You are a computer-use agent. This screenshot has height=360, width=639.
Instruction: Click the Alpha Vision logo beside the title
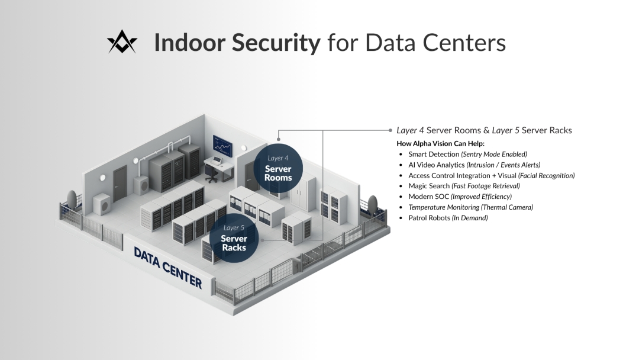[122, 43]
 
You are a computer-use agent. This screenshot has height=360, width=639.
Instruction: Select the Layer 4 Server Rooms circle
[277, 169]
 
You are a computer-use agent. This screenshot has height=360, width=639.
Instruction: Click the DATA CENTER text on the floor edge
[167, 268]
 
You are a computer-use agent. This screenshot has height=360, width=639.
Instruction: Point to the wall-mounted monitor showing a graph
[223, 144]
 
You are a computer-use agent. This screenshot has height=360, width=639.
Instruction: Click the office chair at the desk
[211, 172]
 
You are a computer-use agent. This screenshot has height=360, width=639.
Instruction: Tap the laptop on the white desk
[217, 161]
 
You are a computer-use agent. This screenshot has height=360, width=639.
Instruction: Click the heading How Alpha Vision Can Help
[440, 143]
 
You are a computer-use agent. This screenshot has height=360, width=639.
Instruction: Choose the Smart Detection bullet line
[467, 154]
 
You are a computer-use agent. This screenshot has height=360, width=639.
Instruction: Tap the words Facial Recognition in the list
[546, 175]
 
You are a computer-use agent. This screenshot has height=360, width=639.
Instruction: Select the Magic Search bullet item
[464, 186]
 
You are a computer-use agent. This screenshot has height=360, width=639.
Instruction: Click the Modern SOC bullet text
[460, 197]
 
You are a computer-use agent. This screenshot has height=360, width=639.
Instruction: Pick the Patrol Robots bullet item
[448, 218]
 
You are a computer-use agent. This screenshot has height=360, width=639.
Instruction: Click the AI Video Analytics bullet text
[474, 165]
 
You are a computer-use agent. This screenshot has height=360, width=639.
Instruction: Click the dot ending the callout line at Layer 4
[390, 130]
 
